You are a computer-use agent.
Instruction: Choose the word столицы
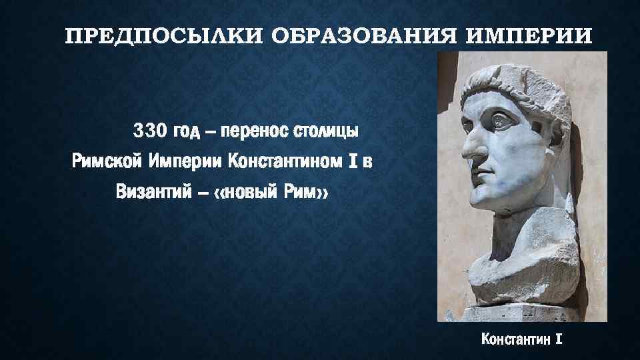pos(327,129)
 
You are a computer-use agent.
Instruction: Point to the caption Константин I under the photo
pos(522,339)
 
